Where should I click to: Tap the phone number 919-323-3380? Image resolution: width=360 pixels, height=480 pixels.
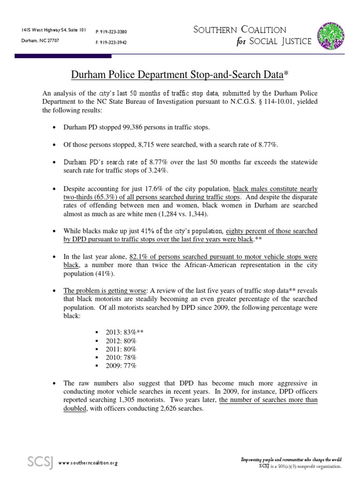tap(111, 31)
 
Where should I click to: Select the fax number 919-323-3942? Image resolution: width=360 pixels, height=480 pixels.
tap(111, 42)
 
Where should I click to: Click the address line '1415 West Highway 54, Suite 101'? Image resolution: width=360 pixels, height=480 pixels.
tap(53, 30)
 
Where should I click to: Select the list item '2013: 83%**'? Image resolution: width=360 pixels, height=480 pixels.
tap(125, 332)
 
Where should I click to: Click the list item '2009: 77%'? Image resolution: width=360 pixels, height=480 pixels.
tap(121, 366)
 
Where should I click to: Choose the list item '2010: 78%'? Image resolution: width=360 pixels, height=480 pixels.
tap(121, 357)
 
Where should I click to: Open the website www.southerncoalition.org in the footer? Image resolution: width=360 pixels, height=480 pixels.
tap(88, 463)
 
